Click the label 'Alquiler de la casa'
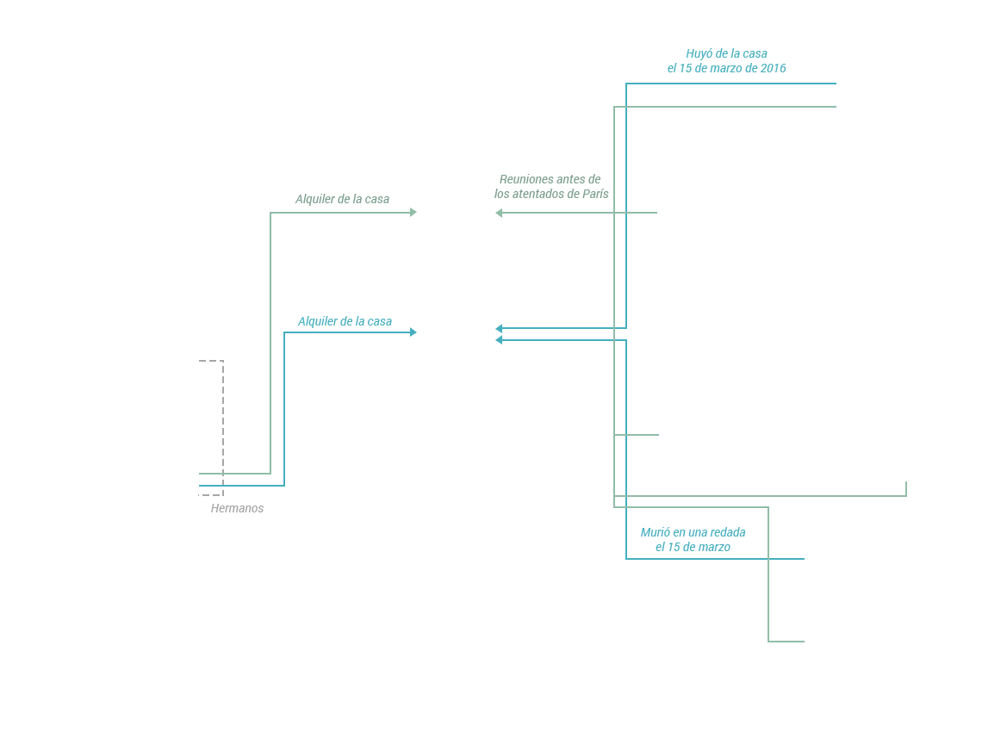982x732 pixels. [345, 321]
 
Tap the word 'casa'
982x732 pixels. [379, 321]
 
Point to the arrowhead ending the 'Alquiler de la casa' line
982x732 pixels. [413, 332]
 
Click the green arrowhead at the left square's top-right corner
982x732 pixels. [413, 211]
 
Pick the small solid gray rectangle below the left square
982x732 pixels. [211, 492]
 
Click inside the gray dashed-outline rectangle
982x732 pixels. [211, 418]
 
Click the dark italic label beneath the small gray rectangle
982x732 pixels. [237, 508]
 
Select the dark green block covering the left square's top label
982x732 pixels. [340, 200]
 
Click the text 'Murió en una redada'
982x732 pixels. [693, 532]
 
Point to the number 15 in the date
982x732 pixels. [674, 547]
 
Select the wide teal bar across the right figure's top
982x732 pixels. [668, 92]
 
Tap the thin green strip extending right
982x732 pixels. [856, 488]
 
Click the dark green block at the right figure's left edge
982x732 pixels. [550, 185]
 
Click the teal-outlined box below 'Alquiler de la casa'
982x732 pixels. [349, 404]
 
